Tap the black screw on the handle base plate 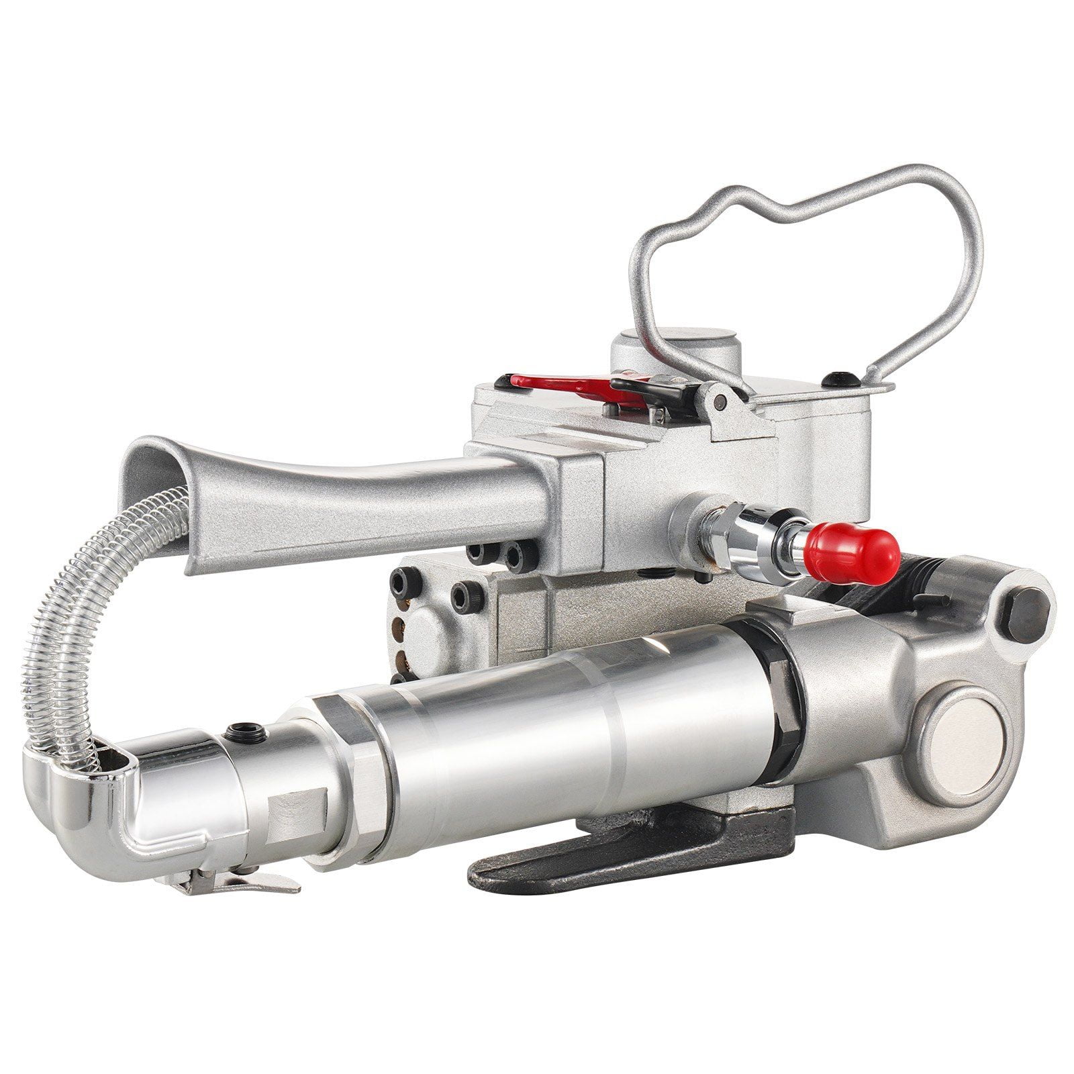tap(843, 379)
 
